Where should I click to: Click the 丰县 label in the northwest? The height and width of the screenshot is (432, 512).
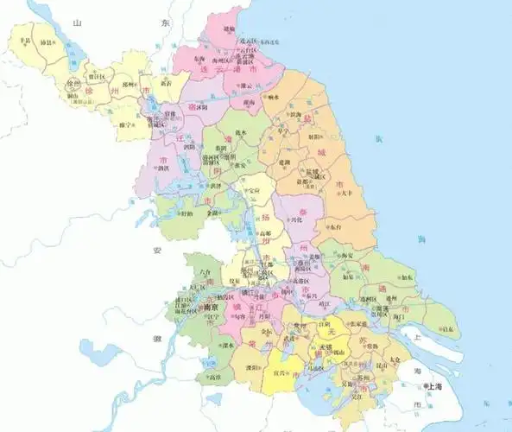tap(26, 41)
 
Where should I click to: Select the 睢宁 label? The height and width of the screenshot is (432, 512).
tap(127, 124)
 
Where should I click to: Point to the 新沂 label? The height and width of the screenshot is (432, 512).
tap(166, 83)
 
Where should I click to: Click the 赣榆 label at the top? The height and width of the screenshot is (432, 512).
tap(229, 29)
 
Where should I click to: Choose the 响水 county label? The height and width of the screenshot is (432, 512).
tap(273, 98)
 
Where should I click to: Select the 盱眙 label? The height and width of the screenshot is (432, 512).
tap(186, 212)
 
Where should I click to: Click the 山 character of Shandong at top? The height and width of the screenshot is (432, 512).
tap(79, 27)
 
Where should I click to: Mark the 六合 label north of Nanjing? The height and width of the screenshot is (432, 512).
tap(205, 270)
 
